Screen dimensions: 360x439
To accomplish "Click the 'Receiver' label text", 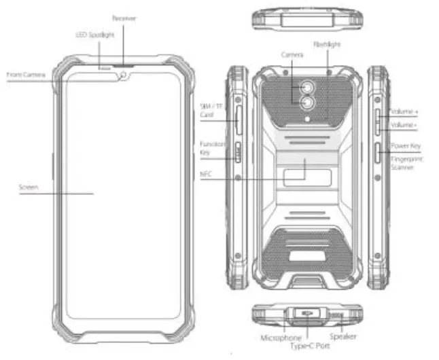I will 124,18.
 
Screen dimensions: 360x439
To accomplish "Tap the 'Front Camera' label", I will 26,75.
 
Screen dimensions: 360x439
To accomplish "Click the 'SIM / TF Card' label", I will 207,110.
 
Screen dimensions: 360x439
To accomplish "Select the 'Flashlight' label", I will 326,44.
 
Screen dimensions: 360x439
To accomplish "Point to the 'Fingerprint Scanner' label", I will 406,162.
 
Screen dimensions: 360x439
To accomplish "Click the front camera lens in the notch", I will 123,75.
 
